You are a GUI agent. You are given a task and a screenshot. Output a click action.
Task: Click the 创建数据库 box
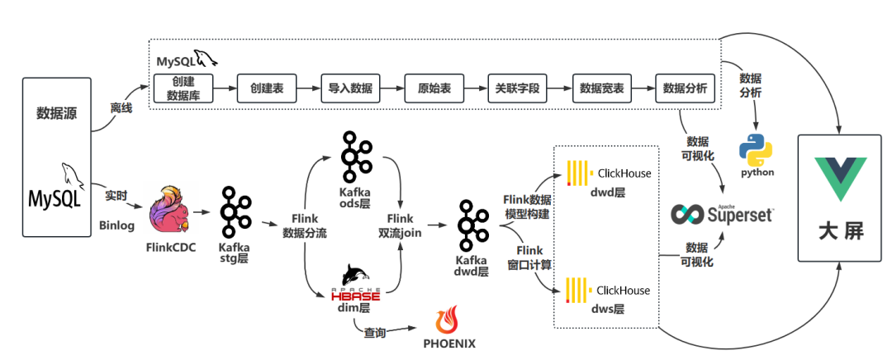[x=183, y=88]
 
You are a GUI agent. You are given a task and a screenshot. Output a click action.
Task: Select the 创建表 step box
[x=266, y=88]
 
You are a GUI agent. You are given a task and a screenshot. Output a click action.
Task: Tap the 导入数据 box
[x=350, y=88]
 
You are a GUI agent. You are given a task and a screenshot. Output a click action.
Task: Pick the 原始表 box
[x=434, y=88]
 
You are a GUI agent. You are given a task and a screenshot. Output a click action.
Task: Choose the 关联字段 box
[x=517, y=88]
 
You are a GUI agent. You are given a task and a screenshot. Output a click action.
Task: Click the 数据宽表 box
[x=601, y=88]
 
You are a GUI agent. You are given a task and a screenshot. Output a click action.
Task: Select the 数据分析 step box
[x=685, y=88]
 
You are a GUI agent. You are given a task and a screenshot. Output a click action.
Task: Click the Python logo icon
[x=755, y=151]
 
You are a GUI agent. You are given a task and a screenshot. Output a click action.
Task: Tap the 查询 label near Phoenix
[x=376, y=332]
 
